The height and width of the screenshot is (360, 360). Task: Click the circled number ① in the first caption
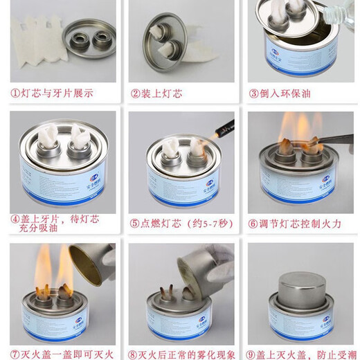(15, 93)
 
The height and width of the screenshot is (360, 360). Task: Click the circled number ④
(15, 219)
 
